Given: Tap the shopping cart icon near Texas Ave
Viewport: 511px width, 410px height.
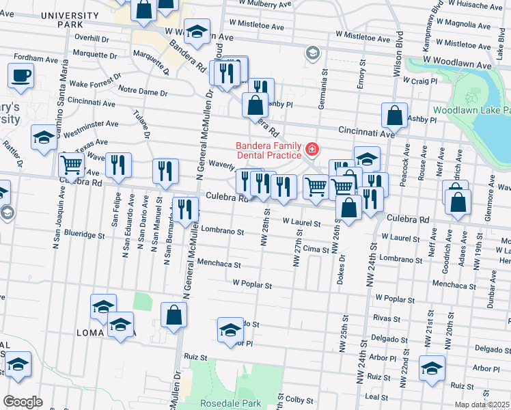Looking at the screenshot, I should point(71,165).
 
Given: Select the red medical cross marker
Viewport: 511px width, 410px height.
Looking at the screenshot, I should point(312,148).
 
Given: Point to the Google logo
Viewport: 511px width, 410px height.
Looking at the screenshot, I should point(23,402).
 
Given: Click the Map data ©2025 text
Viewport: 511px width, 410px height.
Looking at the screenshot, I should point(482,405).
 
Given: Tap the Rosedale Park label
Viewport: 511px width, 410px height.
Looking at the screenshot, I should point(230,403).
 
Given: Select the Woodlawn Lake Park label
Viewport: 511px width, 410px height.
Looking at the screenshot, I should point(471,110).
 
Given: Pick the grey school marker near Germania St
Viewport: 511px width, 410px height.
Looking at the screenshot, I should point(312,53).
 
